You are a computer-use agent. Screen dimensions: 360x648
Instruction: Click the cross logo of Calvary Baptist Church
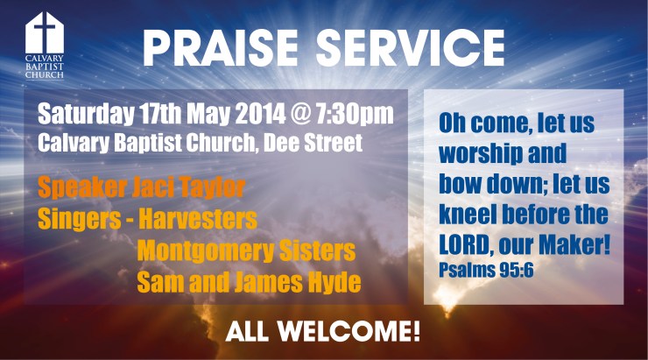45,33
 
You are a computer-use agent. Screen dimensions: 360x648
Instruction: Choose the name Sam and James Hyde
250,282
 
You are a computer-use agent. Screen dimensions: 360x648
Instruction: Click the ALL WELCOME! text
323,332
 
